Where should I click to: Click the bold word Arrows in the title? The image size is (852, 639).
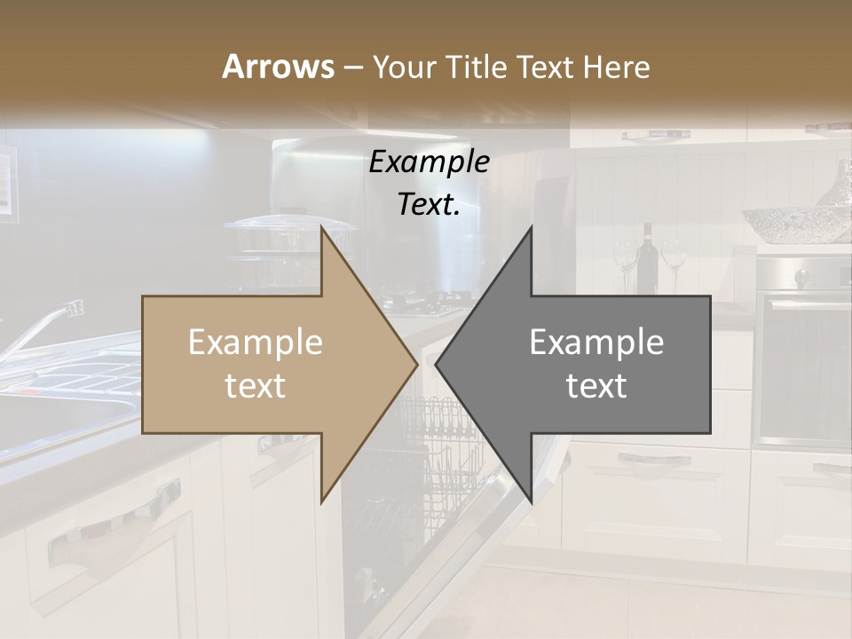point(278,67)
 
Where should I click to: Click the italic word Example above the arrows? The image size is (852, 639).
point(429,162)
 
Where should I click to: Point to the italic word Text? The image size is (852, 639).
point(429,204)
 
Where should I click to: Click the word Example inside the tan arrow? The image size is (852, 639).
point(255,343)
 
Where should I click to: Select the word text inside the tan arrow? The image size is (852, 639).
point(255,386)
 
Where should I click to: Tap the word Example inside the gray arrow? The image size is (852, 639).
point(596,343)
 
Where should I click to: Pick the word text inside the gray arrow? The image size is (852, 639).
point(596,386)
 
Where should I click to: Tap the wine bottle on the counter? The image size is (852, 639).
point(648,257)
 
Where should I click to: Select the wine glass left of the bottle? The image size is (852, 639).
point(625,262)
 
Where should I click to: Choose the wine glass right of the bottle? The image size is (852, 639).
point(674,260)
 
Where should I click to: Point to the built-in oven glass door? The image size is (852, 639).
point(803,368)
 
